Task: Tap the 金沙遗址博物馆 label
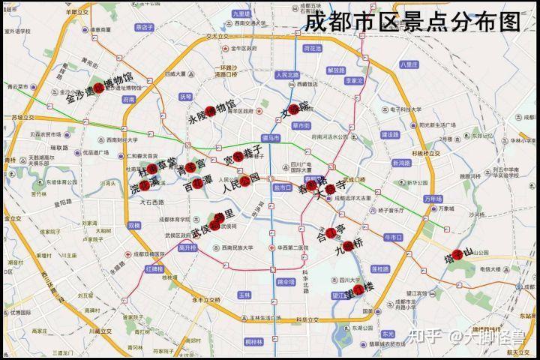pos(99,87)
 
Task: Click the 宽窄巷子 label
pos(243,155)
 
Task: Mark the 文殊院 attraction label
pos(294,111)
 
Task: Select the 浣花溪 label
pos(144,182)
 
